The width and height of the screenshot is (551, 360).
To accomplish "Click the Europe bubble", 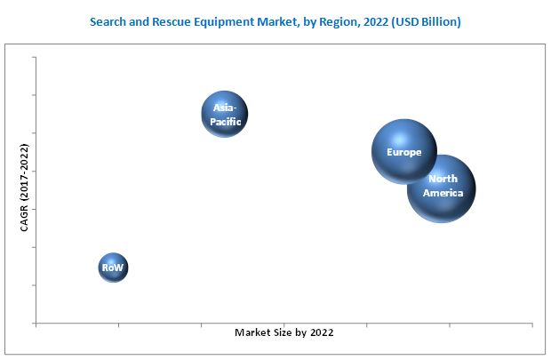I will point(403,152).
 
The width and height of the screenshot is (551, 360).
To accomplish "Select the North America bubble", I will point(442,188).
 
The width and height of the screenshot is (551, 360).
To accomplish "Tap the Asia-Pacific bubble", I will point(224,114).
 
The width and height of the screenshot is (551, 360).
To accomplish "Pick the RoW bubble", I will point(113,267).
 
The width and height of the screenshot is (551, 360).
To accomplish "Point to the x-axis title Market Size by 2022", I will point(283,332).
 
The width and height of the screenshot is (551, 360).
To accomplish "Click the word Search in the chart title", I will point(142,20).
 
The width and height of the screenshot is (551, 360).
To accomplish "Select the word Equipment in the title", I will point(260,20).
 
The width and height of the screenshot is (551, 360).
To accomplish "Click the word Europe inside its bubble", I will point(403,152).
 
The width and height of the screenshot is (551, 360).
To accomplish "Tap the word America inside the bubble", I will point(443,193).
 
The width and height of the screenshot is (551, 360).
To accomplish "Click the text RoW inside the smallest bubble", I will point(113,267).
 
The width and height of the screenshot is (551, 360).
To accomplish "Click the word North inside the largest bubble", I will point(443,180).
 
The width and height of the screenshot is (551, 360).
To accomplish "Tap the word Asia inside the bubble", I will point(223,108).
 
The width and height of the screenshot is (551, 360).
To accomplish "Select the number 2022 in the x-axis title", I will point(319,332).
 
